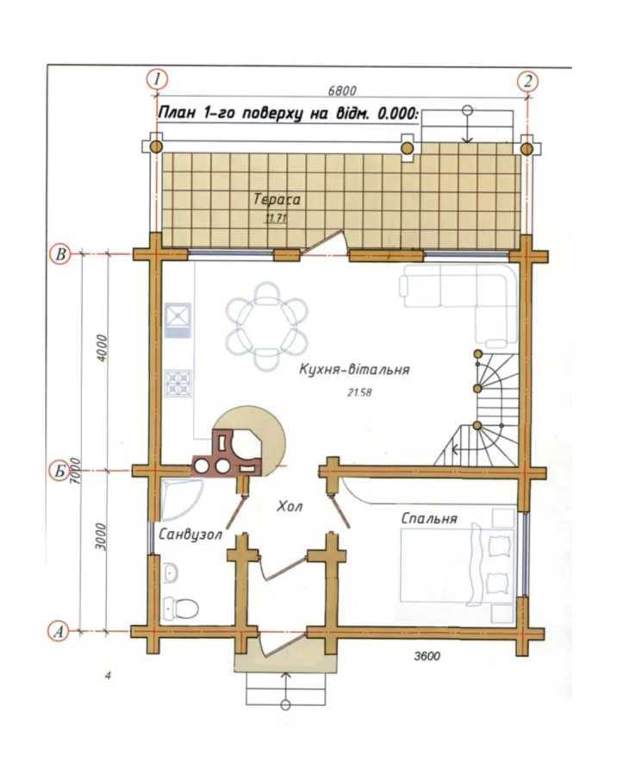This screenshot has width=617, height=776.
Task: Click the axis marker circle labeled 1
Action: coord(156,80)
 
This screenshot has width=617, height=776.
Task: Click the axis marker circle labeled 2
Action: coord(527,81)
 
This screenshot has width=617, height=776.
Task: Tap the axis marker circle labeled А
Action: coord(59,631)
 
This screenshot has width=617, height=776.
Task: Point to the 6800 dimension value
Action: coord(342,89)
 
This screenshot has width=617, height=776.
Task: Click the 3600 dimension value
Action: coord(427,657)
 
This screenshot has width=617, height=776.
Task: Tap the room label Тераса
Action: coord(277,199)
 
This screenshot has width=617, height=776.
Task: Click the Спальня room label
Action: coord(428,519)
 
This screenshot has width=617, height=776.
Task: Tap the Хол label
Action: coord(290,508)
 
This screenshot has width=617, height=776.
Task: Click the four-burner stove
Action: coord(178,381)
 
